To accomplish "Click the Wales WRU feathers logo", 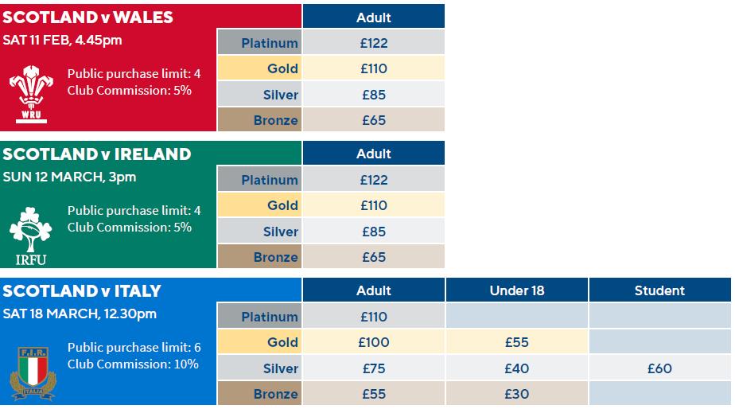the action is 31,94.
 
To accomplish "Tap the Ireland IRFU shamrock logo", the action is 31,236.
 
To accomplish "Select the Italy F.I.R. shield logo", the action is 33,374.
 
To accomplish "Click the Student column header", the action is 659,290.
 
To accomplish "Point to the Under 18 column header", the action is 516,290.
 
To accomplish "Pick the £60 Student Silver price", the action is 659,368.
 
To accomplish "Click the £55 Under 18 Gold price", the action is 516,342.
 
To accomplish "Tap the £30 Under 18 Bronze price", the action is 516,394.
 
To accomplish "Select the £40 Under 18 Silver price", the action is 516,368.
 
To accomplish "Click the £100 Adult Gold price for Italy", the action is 374,342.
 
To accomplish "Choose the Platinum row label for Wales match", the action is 270,43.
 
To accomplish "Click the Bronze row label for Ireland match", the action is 275,257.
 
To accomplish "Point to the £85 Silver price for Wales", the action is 374,95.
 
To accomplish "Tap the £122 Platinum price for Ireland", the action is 374,180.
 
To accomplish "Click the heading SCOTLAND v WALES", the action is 87,18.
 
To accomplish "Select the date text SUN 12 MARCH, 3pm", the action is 69,177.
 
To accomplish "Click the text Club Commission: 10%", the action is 133,364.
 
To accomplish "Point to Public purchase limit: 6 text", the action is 134,348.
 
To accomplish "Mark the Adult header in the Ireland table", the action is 374,154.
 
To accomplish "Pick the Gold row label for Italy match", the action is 282,342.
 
